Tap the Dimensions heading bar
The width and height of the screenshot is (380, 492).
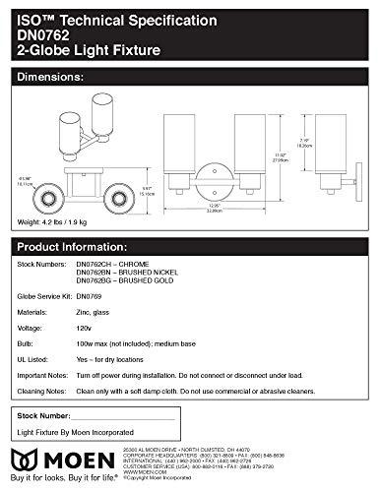point(190,75)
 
